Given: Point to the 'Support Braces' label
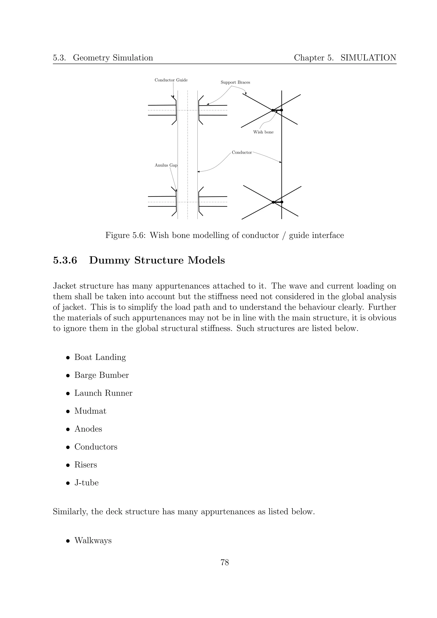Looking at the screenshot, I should coord(235,82).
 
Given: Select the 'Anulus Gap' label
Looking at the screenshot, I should coord(166,165).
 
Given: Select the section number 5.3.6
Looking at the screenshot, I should coord(65,261).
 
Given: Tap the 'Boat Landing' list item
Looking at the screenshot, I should coord(100,357).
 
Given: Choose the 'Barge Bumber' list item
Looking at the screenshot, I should coord(102,375).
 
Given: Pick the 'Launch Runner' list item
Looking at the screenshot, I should coord(103,393).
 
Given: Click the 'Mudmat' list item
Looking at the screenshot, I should coord(90,411).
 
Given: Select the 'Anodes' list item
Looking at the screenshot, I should coord(88,429).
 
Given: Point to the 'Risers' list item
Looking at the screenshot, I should coord(86,465).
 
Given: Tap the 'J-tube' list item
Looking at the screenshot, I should coord(86,483).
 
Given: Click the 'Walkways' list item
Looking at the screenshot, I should coord(93,540).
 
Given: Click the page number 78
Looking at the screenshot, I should coord(224,562).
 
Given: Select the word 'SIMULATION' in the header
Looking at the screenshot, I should coord(368,58).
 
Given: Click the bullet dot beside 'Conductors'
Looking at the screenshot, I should coord(68,447).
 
